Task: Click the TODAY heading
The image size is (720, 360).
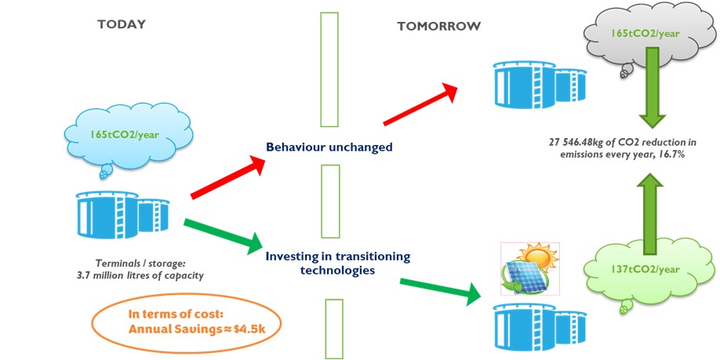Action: [121, 24]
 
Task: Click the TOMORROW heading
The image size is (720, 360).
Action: [438, 26]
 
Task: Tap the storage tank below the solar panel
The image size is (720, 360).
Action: [526, 330]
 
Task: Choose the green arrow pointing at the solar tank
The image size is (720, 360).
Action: [439, 289]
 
